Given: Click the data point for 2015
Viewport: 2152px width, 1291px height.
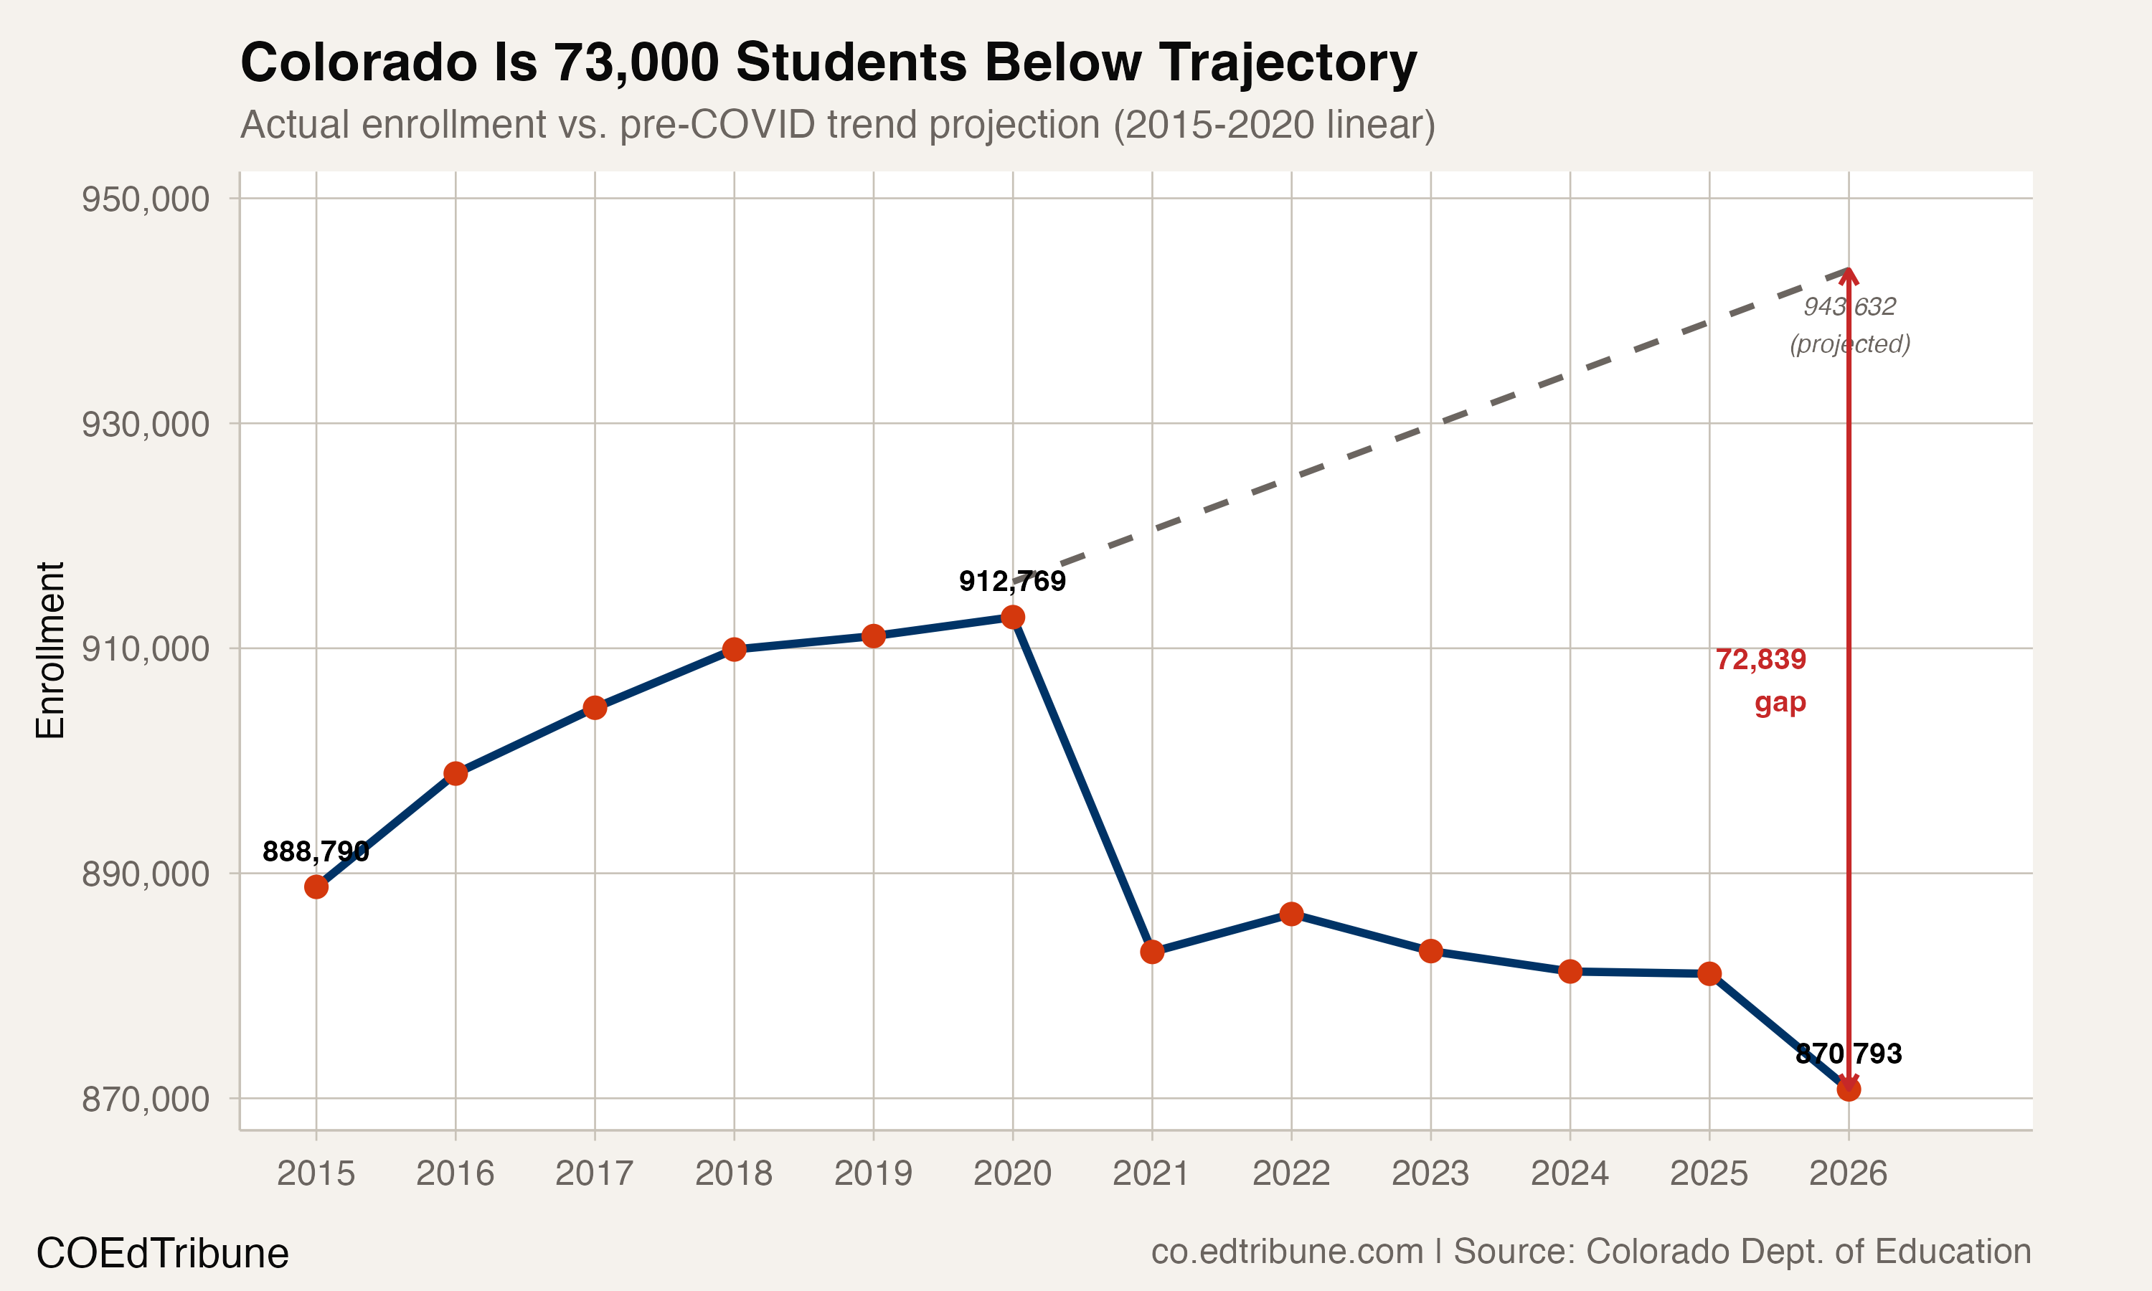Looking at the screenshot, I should [316, 886].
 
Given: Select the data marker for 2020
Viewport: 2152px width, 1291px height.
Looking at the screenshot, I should [1012, 617].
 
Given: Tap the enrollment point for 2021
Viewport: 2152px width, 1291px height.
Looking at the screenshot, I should [1151, 952].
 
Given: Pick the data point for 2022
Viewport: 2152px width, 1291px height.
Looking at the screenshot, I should [1292, 914].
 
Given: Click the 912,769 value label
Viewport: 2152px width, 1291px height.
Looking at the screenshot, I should [1012, 580].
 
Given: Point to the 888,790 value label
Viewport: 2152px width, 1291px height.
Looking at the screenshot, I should [316, 851].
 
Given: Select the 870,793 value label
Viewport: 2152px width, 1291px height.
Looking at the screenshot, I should [1849, 1054].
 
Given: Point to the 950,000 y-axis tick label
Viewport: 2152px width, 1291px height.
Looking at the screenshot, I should [146, 199].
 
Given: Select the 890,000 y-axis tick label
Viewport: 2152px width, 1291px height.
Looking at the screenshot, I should [146, 874].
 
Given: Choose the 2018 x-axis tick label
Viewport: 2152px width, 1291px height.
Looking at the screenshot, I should [733, 1173].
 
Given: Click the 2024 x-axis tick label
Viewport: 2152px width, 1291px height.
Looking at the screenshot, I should [1570, 1173].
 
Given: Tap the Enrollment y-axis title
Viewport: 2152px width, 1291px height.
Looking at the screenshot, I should [50, 650].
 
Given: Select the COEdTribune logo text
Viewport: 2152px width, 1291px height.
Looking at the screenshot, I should [162, 1253].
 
